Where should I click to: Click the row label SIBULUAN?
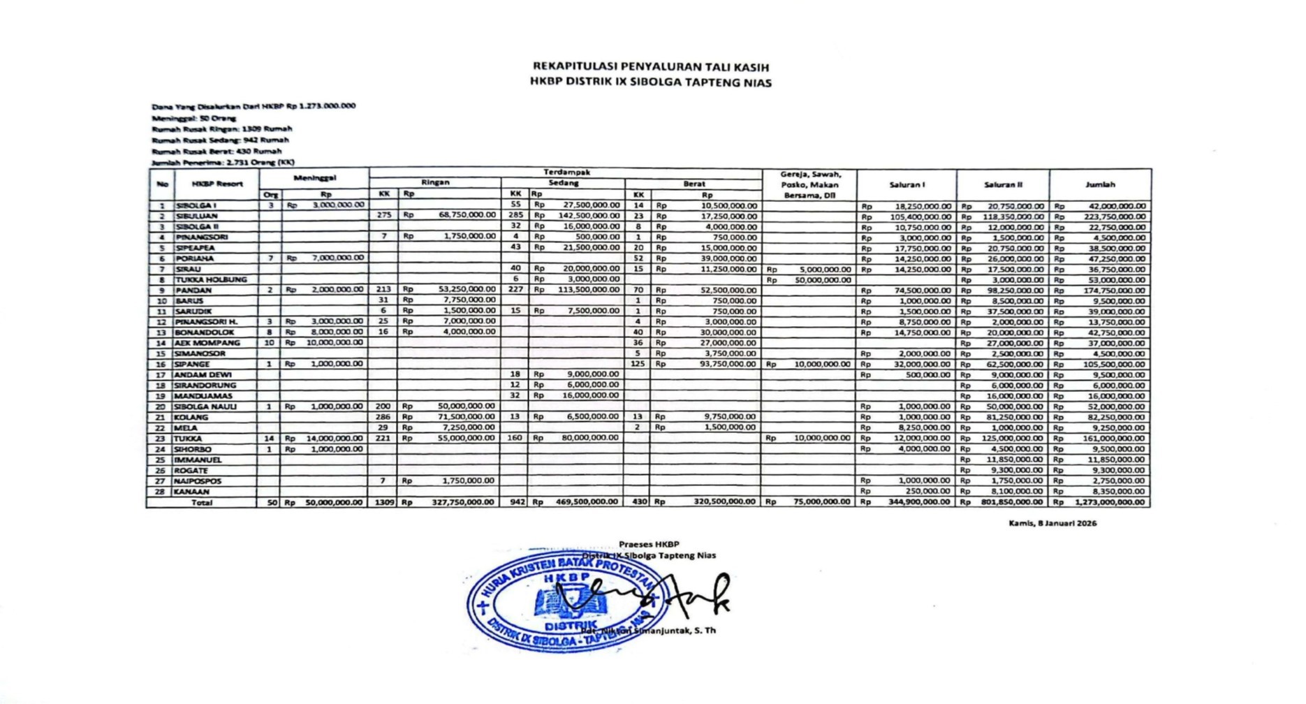tap(196, 217)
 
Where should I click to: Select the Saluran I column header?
tap(907, 185)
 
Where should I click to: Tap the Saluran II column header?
tap(1003, 185)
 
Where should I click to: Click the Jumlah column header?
tap(1100, 185)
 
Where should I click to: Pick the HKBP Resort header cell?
tap(217, 184)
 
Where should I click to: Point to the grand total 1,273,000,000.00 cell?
tap(1110, 502)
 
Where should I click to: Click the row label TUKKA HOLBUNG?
tap(211, 279)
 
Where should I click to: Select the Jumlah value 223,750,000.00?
tap(1117, 217)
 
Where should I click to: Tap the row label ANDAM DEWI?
tap(203, 374)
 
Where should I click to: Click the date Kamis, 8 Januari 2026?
tap(1052, 523)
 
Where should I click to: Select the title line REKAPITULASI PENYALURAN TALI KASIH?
tap(650, 67)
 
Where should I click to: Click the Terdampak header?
tap(566, 172)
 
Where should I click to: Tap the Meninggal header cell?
tap(314, 178)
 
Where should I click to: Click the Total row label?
tap(202, 502)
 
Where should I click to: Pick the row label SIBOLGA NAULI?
tap(205, 406)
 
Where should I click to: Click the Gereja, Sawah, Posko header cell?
tap(810, 185)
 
